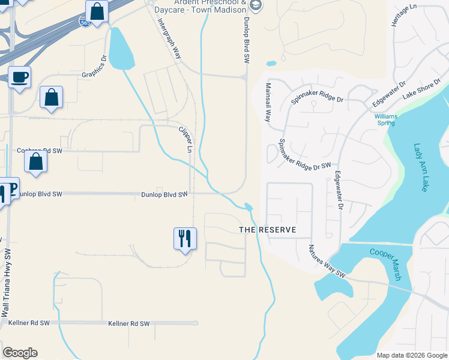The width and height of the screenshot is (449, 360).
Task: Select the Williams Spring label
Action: [x=385, y=119]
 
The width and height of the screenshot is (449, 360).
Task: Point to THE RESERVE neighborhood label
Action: [x=268, y=230]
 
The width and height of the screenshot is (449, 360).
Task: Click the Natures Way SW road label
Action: [x=328, y=262]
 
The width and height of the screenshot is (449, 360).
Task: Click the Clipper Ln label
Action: [x=185, y=139]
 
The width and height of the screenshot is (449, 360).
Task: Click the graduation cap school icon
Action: [x=256, y=5]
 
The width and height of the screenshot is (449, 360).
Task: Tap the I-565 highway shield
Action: [x=85, y=23]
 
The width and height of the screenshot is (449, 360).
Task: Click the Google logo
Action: [x=20, y=353]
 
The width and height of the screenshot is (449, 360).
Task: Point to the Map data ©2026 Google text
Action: [x=411, y=355]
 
